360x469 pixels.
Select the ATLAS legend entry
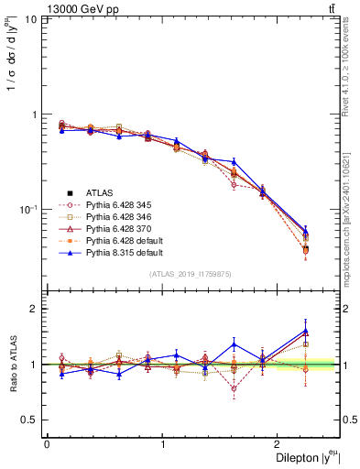[99, 192]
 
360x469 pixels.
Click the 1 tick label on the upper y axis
[34, 115]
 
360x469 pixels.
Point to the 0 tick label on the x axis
[47, 444]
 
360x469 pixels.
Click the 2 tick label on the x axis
[279, 444]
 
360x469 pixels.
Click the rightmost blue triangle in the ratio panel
[305, 331]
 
